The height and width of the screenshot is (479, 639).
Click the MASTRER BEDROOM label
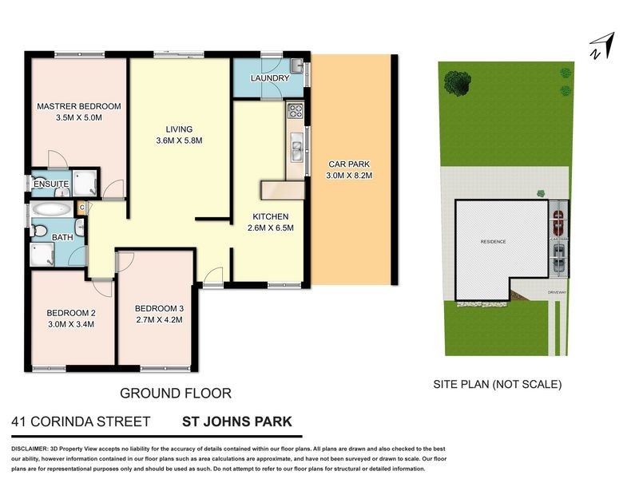pyautogui.click(x=78, y=106)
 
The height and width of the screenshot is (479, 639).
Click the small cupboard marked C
pyautogui.click(x=81, y=208)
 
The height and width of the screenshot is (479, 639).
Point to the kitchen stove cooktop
pyautogui.click(x=294, y=111)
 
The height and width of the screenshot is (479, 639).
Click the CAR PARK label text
pyautogui.click(x=351, y=164)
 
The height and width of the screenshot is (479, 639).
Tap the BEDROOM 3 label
pyautogui.click(x=159, y=309)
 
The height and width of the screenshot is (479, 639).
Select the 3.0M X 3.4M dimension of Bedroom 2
pyautogui.click(x=70, y=324)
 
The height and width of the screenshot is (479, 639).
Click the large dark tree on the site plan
pyautogui.click(x=457, y=81)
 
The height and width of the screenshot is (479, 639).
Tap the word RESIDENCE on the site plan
pyautogui.click(x=493, y=241)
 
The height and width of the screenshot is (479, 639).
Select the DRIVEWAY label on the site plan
pyautogui.click(x=557, y=294)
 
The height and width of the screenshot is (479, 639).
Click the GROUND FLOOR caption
pyautogui.click(x=175, y=393)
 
